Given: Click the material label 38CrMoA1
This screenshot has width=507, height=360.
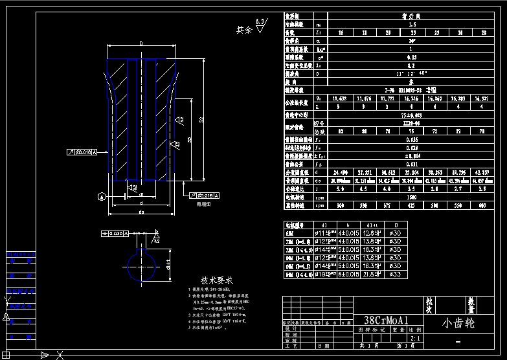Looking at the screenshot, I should (x=387, y=321).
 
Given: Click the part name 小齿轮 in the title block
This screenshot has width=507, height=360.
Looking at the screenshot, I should (x=458, y=322).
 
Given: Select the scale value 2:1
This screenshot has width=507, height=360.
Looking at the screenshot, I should (x=414, y=338).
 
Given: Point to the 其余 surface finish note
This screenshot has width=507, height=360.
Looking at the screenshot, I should (x=244, y=29).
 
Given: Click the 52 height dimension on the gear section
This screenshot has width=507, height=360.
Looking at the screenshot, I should (x=201, y=120).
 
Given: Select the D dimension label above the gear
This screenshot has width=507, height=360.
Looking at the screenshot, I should (x=141, y=44).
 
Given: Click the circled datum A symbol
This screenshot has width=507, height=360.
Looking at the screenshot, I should (x=100, y=196).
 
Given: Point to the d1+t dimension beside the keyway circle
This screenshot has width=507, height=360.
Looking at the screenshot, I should (x=167, y=264).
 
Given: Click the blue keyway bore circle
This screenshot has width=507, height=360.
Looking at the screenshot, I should (x=141, y=265).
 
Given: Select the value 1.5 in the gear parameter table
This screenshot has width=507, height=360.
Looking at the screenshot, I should (x=412, y=24).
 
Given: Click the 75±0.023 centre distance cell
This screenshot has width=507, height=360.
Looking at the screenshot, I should (x=412, y=115).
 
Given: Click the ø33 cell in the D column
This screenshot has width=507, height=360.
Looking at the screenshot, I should (x=395, y=275).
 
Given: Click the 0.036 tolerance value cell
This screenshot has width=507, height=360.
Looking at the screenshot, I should (x=412, y=139).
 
